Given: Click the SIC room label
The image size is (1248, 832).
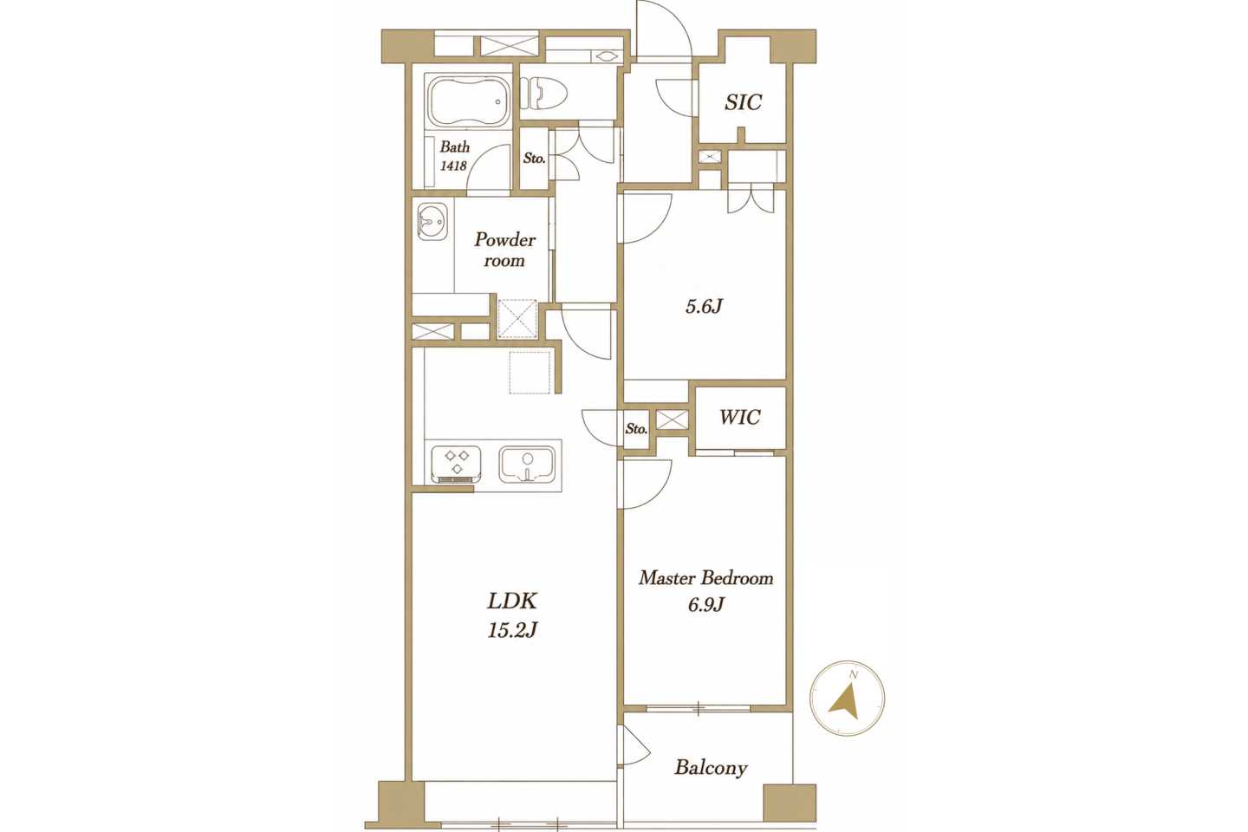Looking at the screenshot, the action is tap(744, 102).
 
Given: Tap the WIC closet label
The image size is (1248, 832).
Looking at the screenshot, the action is tap(740, 417).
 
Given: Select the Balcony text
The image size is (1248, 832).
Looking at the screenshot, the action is tap(711, 768).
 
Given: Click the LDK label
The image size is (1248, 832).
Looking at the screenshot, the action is tap(512, 601).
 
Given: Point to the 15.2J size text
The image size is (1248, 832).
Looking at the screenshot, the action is tap(512, 630).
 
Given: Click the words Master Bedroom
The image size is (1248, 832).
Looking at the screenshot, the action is tap(705, 578).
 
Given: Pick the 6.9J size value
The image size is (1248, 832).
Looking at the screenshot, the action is tap(705, 604).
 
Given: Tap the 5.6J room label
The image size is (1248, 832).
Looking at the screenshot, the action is tap(705, 306).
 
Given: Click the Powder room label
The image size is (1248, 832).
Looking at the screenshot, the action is tap(504, 250).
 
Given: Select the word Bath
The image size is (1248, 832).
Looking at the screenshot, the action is tap(455, 147).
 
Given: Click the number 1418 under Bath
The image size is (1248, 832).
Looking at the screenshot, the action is tap(453, 166).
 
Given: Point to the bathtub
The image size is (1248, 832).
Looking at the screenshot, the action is tap(467, 101).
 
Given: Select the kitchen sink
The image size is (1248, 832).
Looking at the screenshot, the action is tap(527, 465).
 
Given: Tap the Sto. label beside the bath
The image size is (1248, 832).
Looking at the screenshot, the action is tap(534, 159).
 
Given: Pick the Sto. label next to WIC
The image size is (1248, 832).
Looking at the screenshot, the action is tap(636, 428).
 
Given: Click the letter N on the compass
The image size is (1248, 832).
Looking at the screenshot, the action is tap(853, 675).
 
